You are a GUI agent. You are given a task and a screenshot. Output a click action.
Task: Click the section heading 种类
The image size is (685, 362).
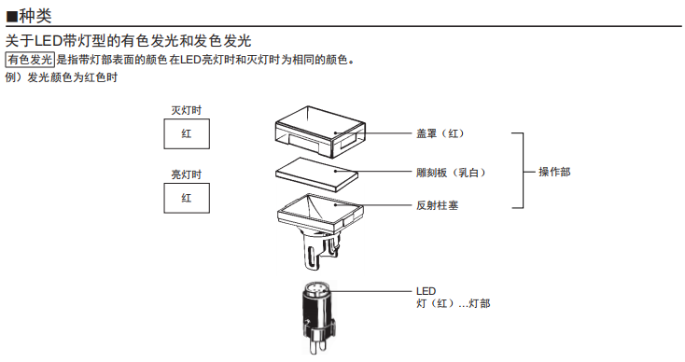[35, 16]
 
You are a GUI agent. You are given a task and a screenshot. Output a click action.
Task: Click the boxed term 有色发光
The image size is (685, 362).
[30, 60]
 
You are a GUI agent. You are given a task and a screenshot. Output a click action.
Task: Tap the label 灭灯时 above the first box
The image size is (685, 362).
[187, 110]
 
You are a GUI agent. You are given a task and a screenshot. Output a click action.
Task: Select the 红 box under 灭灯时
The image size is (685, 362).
[187, 133]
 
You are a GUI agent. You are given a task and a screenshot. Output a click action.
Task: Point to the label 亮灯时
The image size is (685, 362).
[187, 174]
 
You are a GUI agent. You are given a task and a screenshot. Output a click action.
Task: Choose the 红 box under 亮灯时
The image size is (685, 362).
[187, 198]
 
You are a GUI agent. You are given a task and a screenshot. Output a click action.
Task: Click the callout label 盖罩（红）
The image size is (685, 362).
[440, 133]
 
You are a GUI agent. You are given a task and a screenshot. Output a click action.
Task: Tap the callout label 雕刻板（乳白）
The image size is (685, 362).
[451, 173]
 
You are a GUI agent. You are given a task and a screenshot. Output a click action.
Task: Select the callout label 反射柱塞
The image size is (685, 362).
[437, 205]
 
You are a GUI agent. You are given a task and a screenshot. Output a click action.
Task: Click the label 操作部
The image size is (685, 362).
[554, 172]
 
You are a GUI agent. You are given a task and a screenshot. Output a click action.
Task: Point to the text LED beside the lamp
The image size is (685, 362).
[426, 291]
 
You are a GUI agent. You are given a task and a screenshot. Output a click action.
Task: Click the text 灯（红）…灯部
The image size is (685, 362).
[453, 303]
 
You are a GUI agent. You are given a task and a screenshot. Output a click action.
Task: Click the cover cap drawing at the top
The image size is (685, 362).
[320, 131]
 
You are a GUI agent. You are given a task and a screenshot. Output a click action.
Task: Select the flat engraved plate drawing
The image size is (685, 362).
[316, 174]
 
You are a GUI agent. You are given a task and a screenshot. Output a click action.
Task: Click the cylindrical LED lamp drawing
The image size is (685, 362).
[318, 318]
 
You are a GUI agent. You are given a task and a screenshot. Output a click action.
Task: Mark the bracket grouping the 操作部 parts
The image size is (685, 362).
[523, 171]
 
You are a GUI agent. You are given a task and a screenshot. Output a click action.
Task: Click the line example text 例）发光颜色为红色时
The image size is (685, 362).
[62, 77]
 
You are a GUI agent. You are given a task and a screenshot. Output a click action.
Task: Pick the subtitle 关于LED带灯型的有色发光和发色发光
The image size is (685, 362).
[128, 41]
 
